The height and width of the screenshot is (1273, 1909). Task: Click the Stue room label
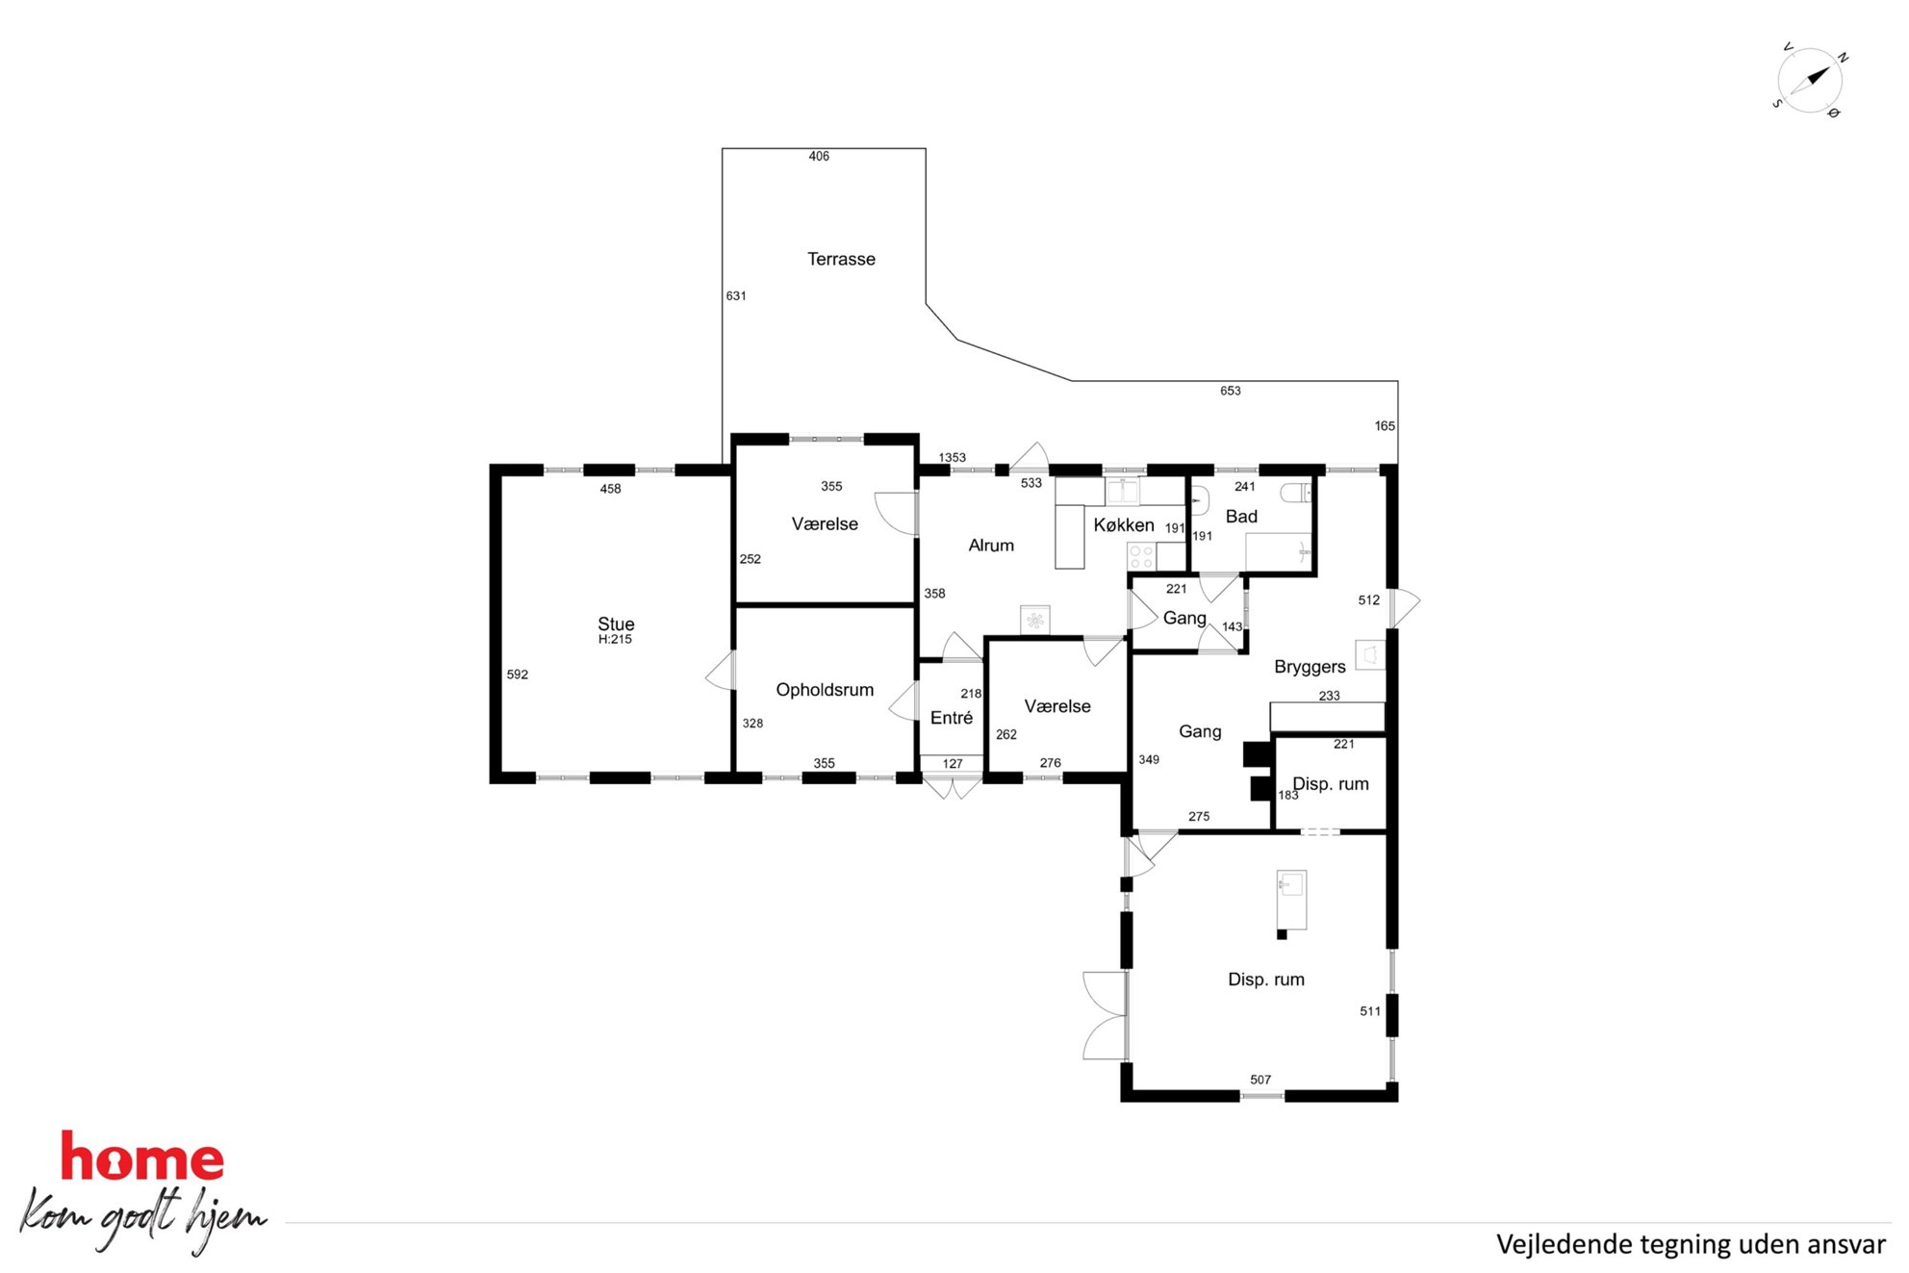click(616, 624)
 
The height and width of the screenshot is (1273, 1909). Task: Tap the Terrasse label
click(841, 259)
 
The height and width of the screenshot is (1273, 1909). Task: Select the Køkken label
click(1124, 524)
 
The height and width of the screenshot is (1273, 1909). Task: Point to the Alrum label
click(991, 546)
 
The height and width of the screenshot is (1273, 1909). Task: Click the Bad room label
click(1241, 517)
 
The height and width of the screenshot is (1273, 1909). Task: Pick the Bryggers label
click(1310, 667)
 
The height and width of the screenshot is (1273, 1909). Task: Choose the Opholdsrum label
click(825, 690)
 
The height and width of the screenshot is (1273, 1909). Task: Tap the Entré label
click(952, 718)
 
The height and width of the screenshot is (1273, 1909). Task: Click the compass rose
click(1809, 80)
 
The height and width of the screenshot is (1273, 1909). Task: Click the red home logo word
click(142, 1157)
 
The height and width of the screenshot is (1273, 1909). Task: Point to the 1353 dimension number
click(953, 458)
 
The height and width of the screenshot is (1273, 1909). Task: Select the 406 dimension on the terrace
click(819, 156)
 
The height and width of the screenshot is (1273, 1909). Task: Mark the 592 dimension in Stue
click(518, 675)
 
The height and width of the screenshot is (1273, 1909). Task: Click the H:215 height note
click(615, 640)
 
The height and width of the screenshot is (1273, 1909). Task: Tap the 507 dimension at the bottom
click(1260, 1080)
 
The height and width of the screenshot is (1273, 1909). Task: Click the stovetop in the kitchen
click(1141, 557)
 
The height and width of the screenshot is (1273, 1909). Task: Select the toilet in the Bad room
click(1296, 493)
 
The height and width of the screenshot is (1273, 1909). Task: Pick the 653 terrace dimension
click(1231, 391)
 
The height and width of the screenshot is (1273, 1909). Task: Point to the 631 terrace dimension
click(736, 295)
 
